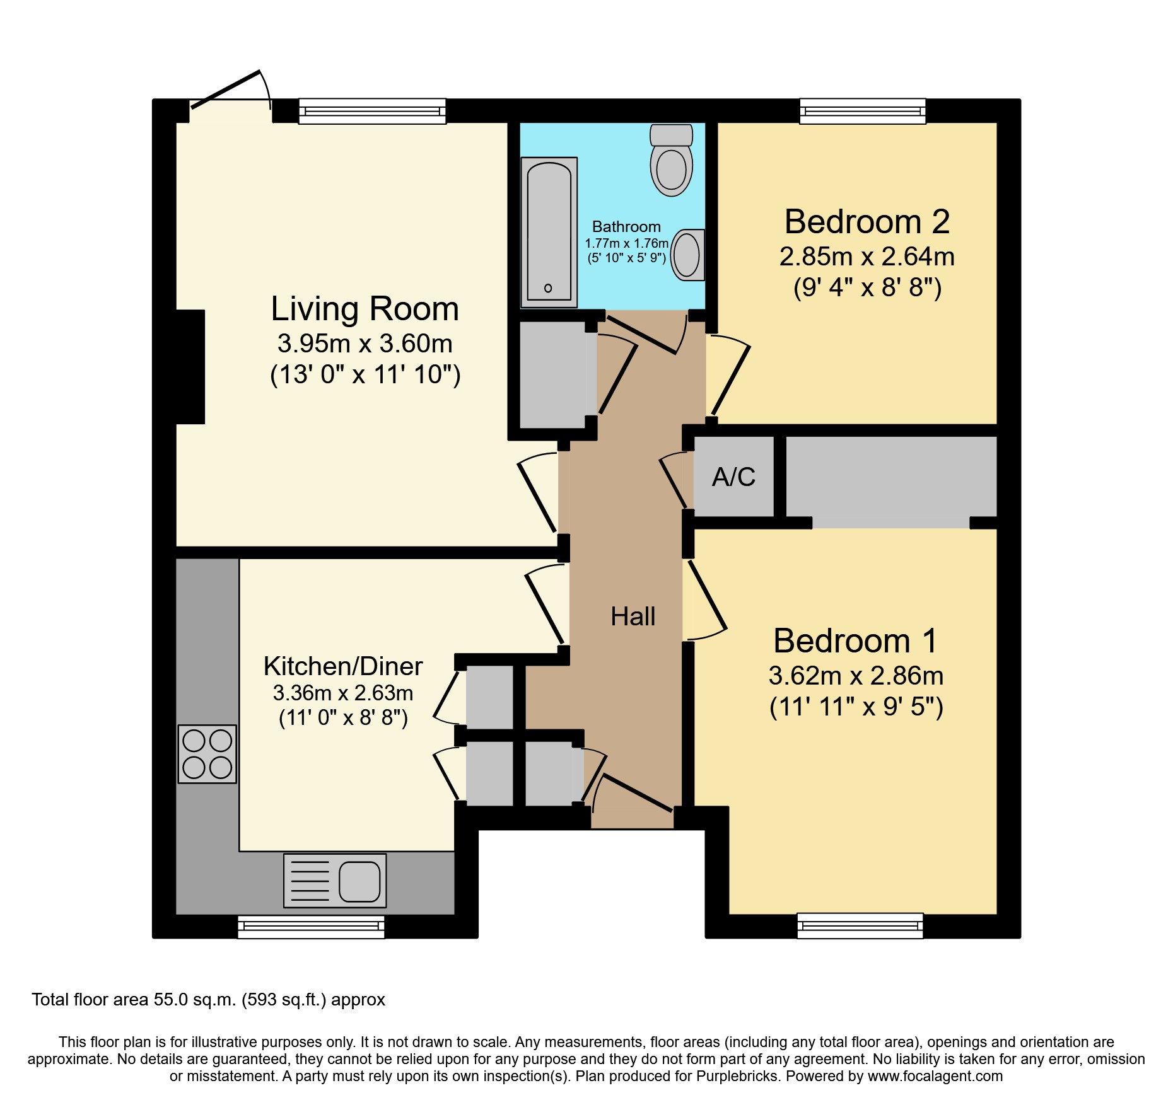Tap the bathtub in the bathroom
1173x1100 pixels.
[x=549, y=232]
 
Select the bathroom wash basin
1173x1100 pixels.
[x=687, y=255]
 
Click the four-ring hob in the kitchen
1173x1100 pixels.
[x=207, y=754]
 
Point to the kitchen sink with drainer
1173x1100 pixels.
[x=335, y=881]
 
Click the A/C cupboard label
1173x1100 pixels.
[x=733, y=477]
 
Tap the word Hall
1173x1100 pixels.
[x=633, y=617]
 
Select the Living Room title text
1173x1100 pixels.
[x=365, y=309]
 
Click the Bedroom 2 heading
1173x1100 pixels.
[x=867, y=222]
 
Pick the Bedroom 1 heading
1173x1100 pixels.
[x=855, y=641]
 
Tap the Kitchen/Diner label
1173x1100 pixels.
[x=343, y=666]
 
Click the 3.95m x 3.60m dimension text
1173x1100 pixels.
[x=365, y=344]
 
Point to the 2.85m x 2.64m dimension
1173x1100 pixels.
[x=867, y=257]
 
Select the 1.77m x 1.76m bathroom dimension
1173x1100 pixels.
[x=626, y=243]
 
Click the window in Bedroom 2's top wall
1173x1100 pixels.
[x=863, y=111]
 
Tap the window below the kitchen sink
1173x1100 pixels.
[x=311, y=927]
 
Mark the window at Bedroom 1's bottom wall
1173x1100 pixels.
[x=860, y=926]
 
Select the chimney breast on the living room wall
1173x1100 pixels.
[x=190, y=367]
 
